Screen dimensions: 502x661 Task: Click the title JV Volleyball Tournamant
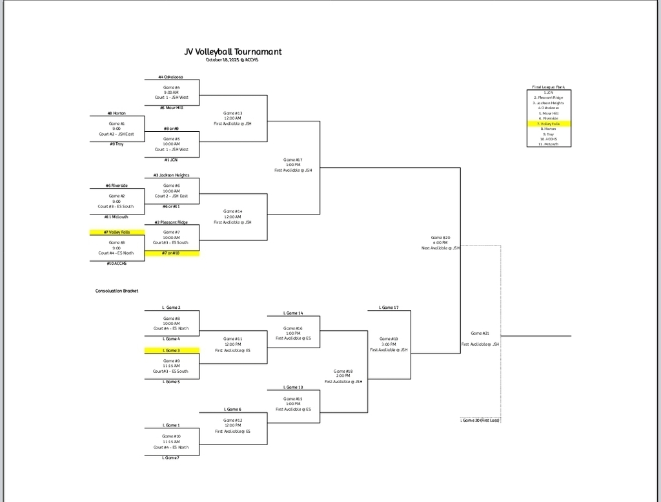point(233,52)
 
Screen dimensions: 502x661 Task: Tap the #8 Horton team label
point(117,113)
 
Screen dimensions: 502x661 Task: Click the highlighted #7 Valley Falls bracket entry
point(117,232)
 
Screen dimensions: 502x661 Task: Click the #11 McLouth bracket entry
point(117,217)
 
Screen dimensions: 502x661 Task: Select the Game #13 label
point(232,113)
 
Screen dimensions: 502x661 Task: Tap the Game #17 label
point(292,160)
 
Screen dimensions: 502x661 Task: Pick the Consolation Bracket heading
point(117,291)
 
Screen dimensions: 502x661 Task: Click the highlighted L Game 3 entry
point(171,350)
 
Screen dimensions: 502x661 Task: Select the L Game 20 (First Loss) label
point(480,421)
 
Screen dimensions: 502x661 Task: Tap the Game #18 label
point(343,371)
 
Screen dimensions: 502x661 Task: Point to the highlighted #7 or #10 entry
point(171,253)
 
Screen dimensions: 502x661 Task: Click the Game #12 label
point(232,421)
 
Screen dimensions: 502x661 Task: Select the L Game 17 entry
point(388,308)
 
